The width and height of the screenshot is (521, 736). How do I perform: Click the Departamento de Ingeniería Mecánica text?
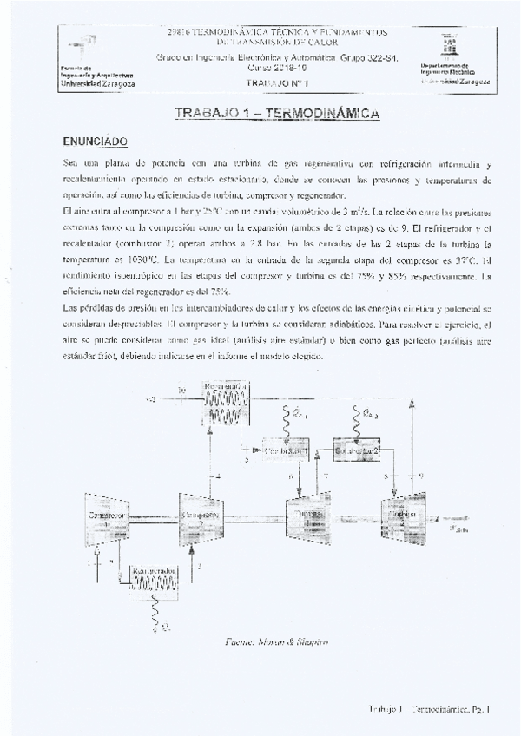(455, 69)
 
